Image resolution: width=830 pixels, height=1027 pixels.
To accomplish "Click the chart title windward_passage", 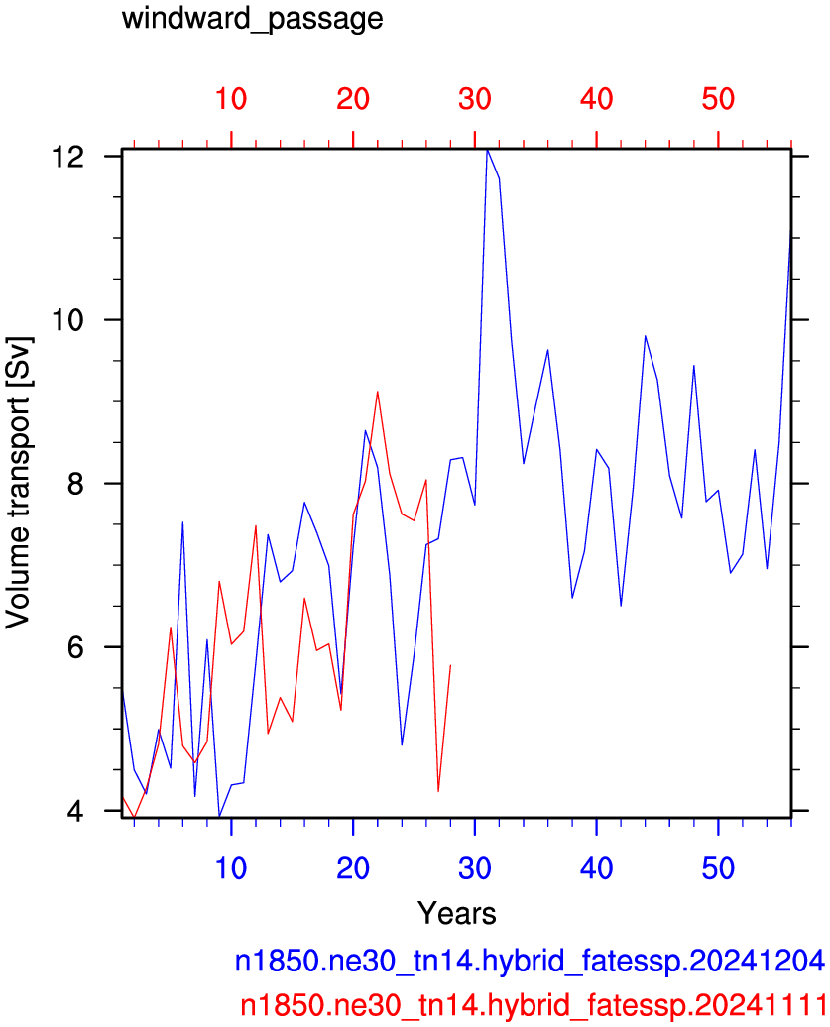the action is pyautogui.click(x=252, y=18).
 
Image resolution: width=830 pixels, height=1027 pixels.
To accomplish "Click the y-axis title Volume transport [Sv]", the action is pyautogui.click(x=18, y=484).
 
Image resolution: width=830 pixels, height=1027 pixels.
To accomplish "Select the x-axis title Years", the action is pyautogui.click(x=456, y=912).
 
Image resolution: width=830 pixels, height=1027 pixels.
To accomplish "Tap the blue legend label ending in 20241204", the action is pyautogui.click(x=530, y=961).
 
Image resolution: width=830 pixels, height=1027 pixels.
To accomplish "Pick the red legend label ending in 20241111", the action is pyautogui.click(x=533, y=1005).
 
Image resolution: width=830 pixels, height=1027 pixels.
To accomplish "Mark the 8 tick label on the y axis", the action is pyautogui.click(x=76, y=484).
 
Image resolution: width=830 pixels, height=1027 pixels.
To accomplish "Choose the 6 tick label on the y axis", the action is pyautogui.click(x=76, y=647).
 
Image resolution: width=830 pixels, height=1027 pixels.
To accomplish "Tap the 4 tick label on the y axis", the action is pyautogui.click(x=76, y=812).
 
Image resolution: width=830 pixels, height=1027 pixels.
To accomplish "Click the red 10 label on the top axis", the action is pyautogui.click(x=231, y=99).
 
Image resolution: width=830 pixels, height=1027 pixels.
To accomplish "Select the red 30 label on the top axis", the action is pyautogui.click(x=474, y=99).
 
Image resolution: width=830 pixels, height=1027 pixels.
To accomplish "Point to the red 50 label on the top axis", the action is pyautogui.click(x=718, y=99).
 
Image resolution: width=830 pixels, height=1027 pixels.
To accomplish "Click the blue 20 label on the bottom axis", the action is pyautogui.click(x=352, y=868).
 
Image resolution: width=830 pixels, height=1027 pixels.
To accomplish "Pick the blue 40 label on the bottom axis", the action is pyautogui.click(x=596, y=868).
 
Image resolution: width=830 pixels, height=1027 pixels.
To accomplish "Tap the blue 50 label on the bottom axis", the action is pyautogui.click(x=718, y=868).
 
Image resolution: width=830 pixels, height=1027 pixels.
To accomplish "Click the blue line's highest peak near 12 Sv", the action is pyautogui.click(x=487, y=150).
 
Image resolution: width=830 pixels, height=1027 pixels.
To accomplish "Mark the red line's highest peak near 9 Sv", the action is pyautogui.click(x=378, y=392).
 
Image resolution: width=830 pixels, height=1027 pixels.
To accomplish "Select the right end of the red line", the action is pyautogui.click(x=450, y=665).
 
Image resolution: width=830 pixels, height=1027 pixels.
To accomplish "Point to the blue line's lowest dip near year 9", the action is pyautogui.click(x=219, y=817).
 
